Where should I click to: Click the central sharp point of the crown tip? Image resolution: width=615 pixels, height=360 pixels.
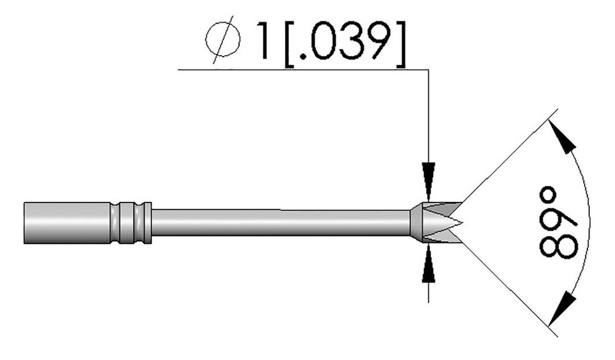459,224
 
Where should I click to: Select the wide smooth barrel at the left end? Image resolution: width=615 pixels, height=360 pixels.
66,223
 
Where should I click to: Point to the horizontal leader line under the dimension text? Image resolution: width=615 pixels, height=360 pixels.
300,70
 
